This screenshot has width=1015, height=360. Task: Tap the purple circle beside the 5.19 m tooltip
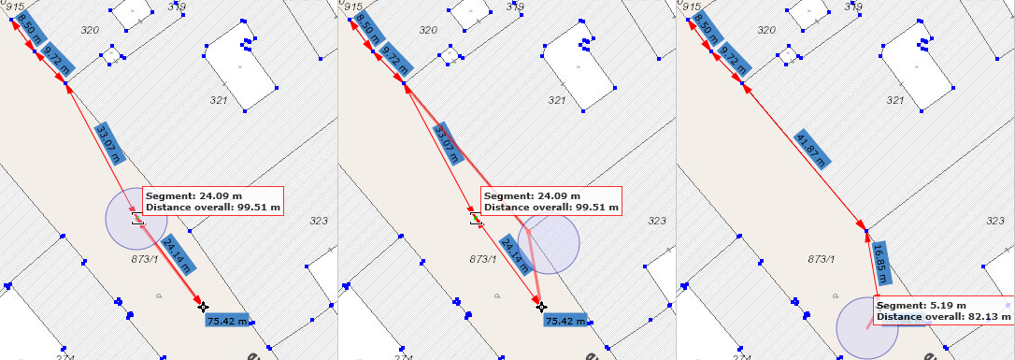(x=865, y=326)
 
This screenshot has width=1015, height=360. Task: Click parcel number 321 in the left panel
(x=218, y=99)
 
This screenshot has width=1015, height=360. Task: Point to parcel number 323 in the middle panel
(x=658, y=221)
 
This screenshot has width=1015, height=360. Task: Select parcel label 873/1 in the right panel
(x=820, y=258)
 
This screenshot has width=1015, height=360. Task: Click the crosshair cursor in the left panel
(x=203, y=307)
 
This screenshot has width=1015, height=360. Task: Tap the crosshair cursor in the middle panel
(x=541, y=307)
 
